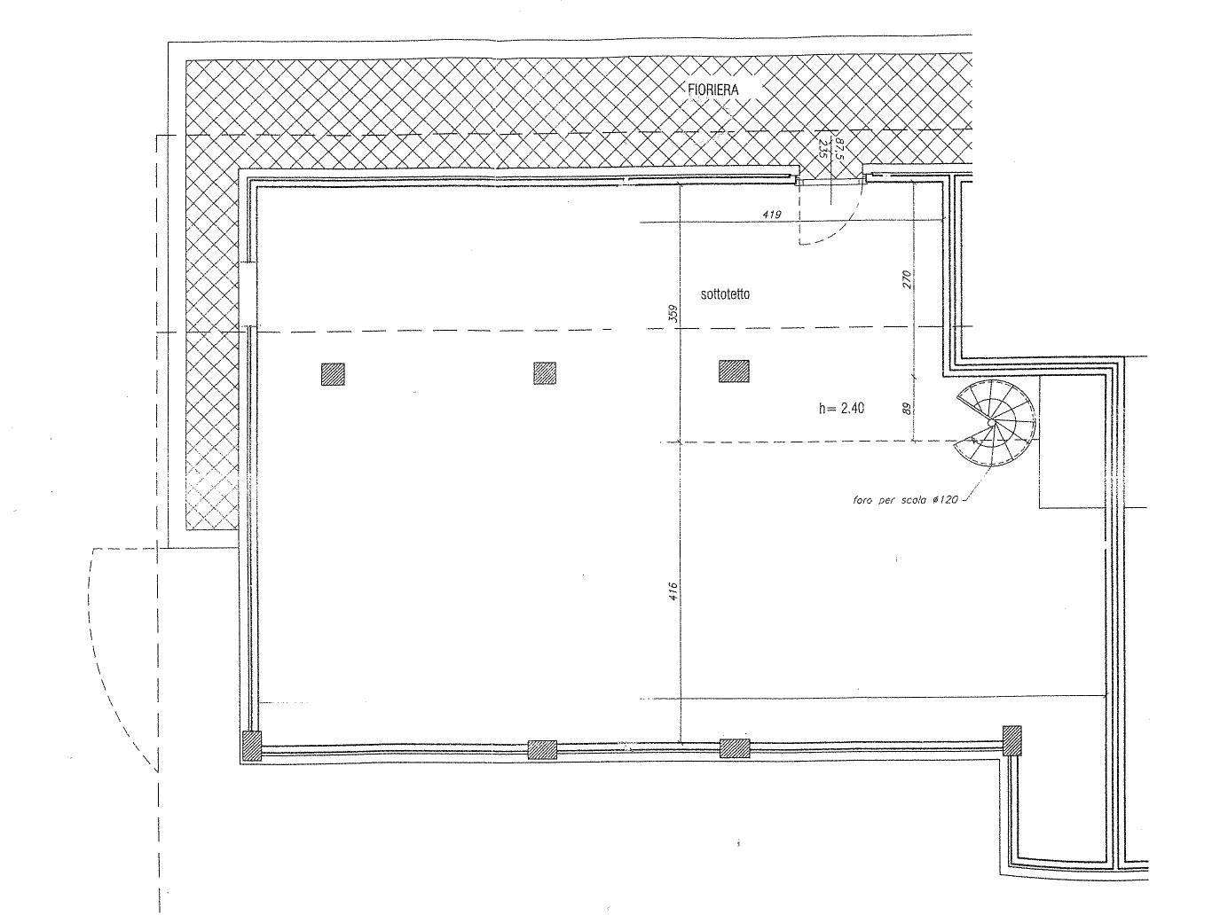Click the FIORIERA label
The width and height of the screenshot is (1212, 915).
click(x=712, y=90)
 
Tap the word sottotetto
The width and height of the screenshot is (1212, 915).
click(x=725, y=294)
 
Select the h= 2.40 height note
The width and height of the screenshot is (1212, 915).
click(x=841, y=409)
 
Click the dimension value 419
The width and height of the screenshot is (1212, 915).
click(x=771, y=214)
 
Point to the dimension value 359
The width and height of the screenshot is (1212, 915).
click(x=673, y=314)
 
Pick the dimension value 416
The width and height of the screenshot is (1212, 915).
click(x=673, y=591)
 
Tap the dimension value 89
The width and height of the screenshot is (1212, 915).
click(x=907, y=409)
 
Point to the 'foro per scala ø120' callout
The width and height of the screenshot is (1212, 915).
click(x=904, y=501)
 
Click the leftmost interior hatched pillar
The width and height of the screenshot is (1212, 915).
click(x=333, y=374)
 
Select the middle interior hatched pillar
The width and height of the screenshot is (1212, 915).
click(x=545, y=373)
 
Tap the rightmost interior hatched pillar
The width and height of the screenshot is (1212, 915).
click(x=734, y=371)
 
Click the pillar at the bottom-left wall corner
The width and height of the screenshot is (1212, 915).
click(x=252, y=747)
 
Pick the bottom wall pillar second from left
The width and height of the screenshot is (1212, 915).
click(x=542, y=750)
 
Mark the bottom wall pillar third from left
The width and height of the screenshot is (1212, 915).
click(x=735, y=748)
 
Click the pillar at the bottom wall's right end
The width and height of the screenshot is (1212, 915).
click(x=1011, y=740)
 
